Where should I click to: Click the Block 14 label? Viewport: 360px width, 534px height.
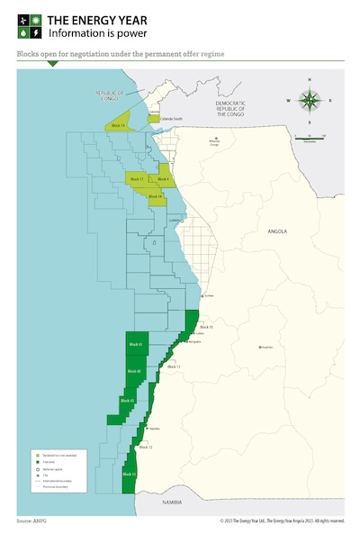pyautogui.click(x=117, y=125)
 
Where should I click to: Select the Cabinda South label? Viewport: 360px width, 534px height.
pyautogui.click(x=172, y=118)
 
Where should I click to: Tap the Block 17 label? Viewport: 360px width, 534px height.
pyautogui.click(x=136, y=180)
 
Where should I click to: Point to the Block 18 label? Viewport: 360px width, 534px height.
pyautogui.click(x=155, y=195)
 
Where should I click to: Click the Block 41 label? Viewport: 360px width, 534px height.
pyautogui.click(x=135, y=346)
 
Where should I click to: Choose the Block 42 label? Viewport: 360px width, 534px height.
pyautogui.click(x=133, y=371)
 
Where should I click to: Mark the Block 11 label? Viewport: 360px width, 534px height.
pyautogui.click(x=174, y=367)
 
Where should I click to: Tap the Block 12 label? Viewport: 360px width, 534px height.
pyautogui.click(x=145, y=447)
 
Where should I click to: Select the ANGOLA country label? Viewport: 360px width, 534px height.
pyautogui.click(x=277, y=231)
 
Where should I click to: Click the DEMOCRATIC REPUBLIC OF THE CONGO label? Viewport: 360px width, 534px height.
pyautogui.click(x=237, y=108)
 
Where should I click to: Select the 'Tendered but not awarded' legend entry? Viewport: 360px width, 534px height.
pyautogui.click(x=52, y=456)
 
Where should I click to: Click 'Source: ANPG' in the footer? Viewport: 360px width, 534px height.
pyautogui.click(x=31, y=520)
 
